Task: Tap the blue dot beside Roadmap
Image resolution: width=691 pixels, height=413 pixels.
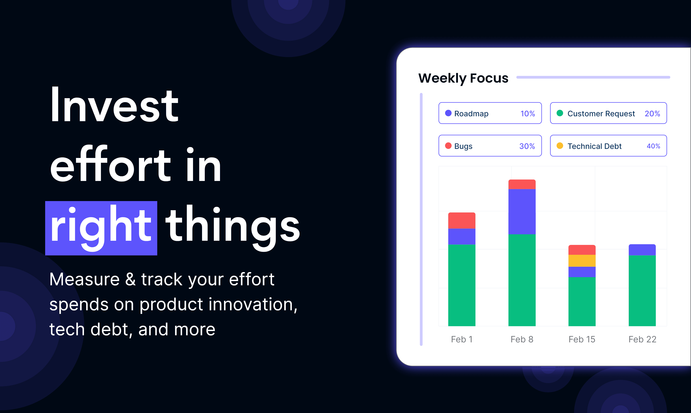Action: pos(448,113)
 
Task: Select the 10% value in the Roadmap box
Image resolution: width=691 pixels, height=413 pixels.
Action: pos(528,114)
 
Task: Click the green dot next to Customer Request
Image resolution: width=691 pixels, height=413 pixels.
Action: pos(560,113)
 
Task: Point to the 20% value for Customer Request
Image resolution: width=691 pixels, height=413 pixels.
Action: pos(652,114)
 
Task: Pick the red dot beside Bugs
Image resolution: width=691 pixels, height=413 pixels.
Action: pos(448,146)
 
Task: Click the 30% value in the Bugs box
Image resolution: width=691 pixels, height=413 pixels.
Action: pos(527,146)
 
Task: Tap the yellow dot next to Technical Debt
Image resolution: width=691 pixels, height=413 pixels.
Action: pos(560,146)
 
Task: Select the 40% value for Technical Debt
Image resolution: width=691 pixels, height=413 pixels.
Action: pos(653,146)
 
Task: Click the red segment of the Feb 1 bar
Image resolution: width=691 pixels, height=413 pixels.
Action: pos(462,221)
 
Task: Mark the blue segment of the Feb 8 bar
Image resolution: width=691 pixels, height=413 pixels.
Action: pos(522,212)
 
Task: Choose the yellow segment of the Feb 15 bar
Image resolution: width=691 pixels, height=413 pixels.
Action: pos(582,261)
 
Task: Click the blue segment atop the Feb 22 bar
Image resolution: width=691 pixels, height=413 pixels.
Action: pos(642,250)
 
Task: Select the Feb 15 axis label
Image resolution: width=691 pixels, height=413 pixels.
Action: pos(582,339)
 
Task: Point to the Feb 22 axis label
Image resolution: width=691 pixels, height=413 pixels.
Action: pos(642,339)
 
